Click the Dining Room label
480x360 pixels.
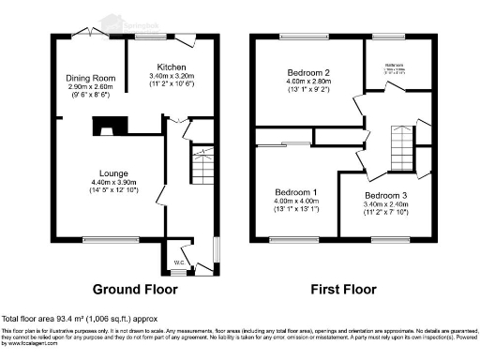click(x=89, y=78)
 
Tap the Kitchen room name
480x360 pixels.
click(x=171, y=67)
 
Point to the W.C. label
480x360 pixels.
click(x=177, y=262)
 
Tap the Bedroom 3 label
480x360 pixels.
click(x=385, y=195)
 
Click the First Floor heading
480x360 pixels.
click(x=344, y=289)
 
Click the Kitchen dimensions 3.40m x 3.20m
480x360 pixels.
click(x=171, y=78)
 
